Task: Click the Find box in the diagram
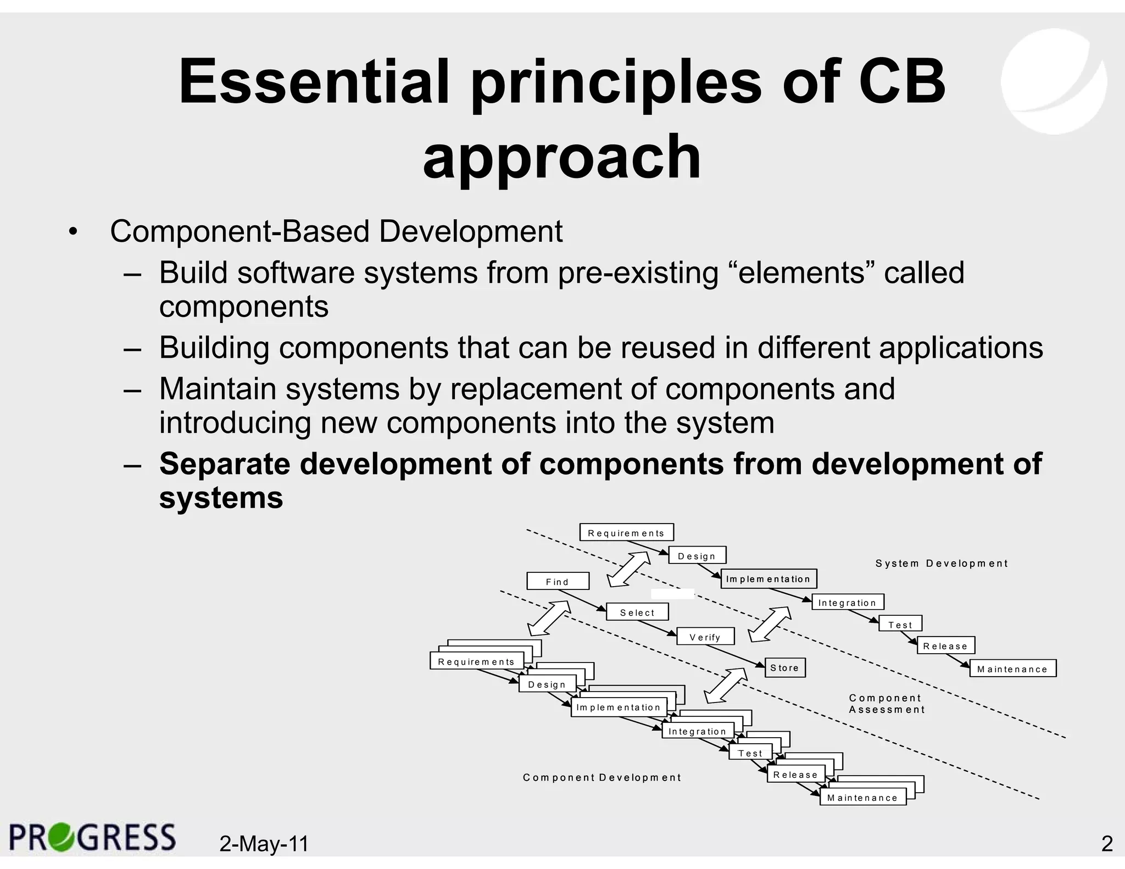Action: tap(558, 581)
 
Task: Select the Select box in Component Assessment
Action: tap(637, 612)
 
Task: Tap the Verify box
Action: tap(705, 637)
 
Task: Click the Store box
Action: tap(784, 667)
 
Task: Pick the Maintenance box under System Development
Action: tap(1012, 669)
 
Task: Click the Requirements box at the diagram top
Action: tap(626, 532)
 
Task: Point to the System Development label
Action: tap(942, 563)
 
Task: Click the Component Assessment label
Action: tap(886, 704)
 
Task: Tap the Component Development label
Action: tap(602, 777)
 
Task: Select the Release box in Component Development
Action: tap(795, 775)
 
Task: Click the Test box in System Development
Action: tap(900, 624)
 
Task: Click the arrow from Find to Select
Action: tap(582, 600)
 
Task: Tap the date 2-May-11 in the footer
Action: tap(264, 843)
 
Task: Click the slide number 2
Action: tap(1106, 843)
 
